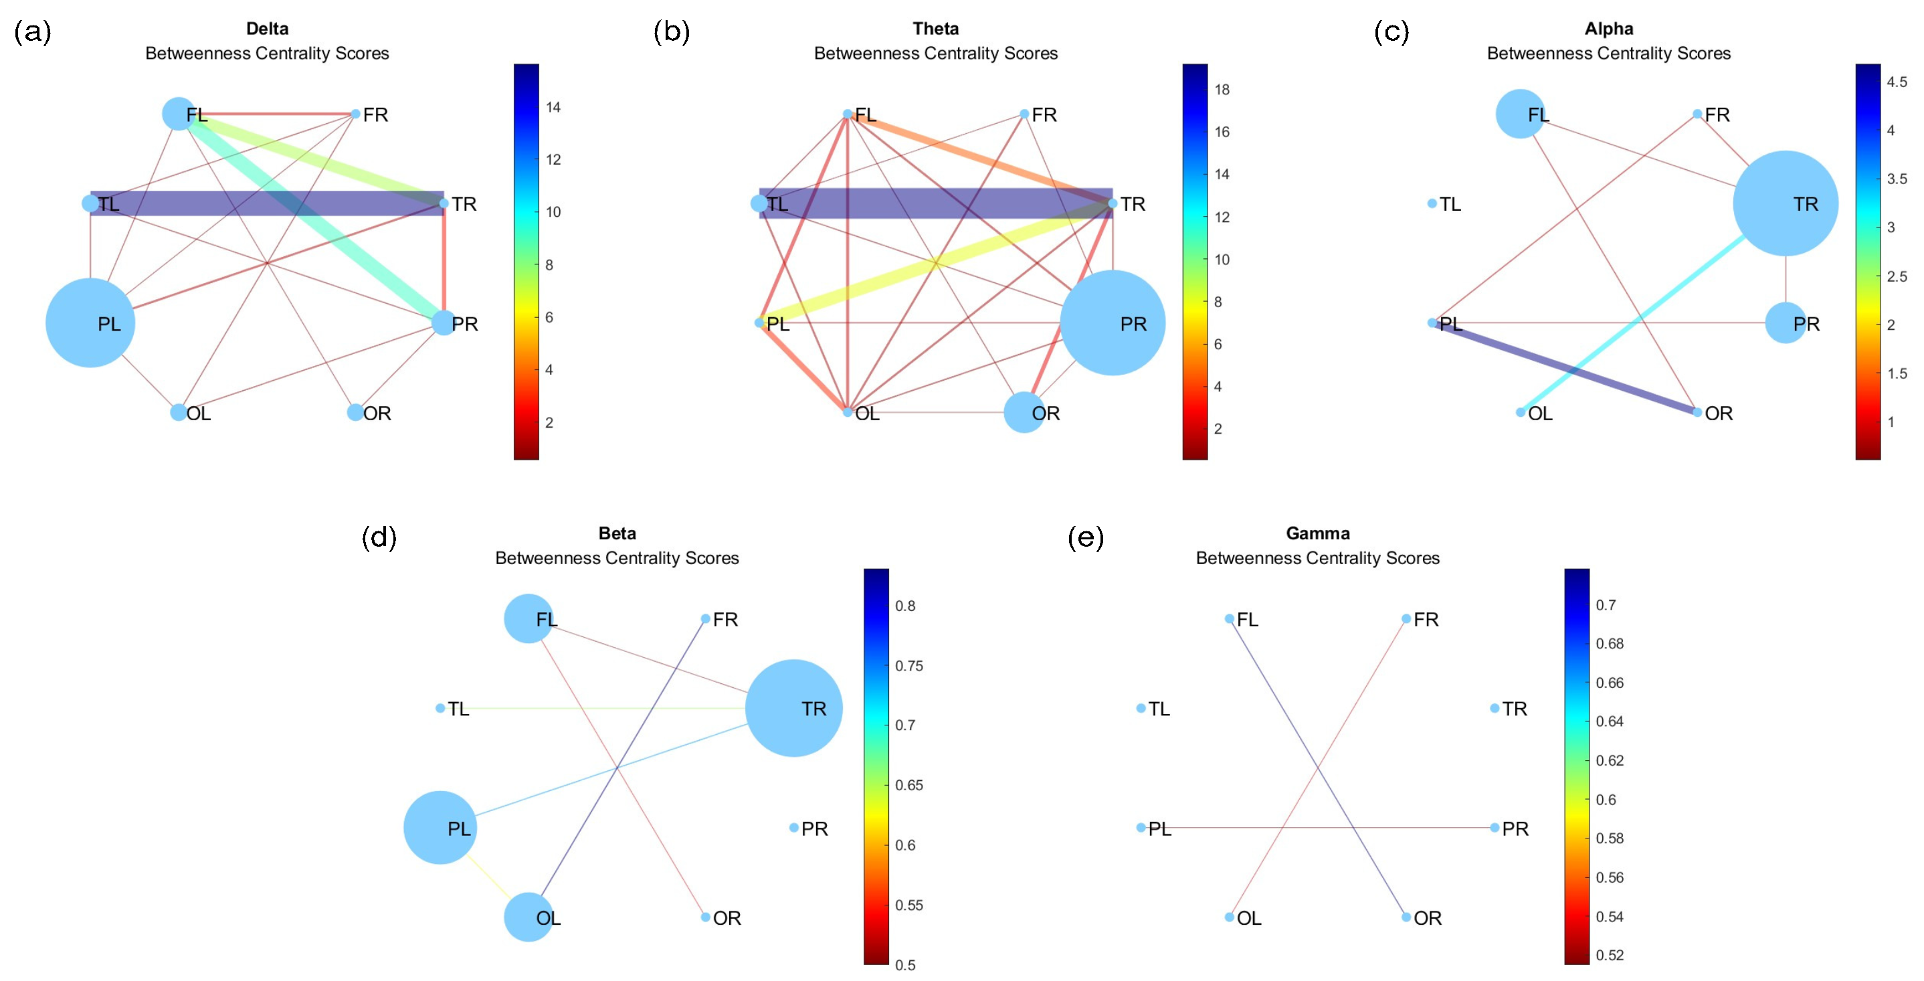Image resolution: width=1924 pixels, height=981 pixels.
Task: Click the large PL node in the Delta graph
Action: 90,323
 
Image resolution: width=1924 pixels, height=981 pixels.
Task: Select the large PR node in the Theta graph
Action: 1112,323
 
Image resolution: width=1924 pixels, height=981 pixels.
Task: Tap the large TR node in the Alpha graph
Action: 1785,203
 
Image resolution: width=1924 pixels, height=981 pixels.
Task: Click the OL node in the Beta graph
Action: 528,917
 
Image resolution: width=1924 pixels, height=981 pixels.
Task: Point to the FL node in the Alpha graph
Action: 1520,114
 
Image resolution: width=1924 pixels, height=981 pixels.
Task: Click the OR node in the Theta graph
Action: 1024,412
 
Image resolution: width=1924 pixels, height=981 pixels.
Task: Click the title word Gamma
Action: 1317,533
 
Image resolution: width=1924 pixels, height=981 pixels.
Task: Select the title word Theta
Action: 935,28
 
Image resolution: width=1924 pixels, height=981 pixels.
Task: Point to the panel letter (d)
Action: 379,537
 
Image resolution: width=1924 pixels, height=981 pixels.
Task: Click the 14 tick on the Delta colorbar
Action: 553,107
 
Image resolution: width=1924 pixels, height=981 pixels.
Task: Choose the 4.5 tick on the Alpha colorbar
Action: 1897,82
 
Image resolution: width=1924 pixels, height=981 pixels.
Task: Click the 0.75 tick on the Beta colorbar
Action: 909,666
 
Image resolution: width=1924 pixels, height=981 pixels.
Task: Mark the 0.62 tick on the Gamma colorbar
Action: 1610,761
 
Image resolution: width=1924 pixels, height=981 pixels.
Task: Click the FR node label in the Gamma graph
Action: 1426,620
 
